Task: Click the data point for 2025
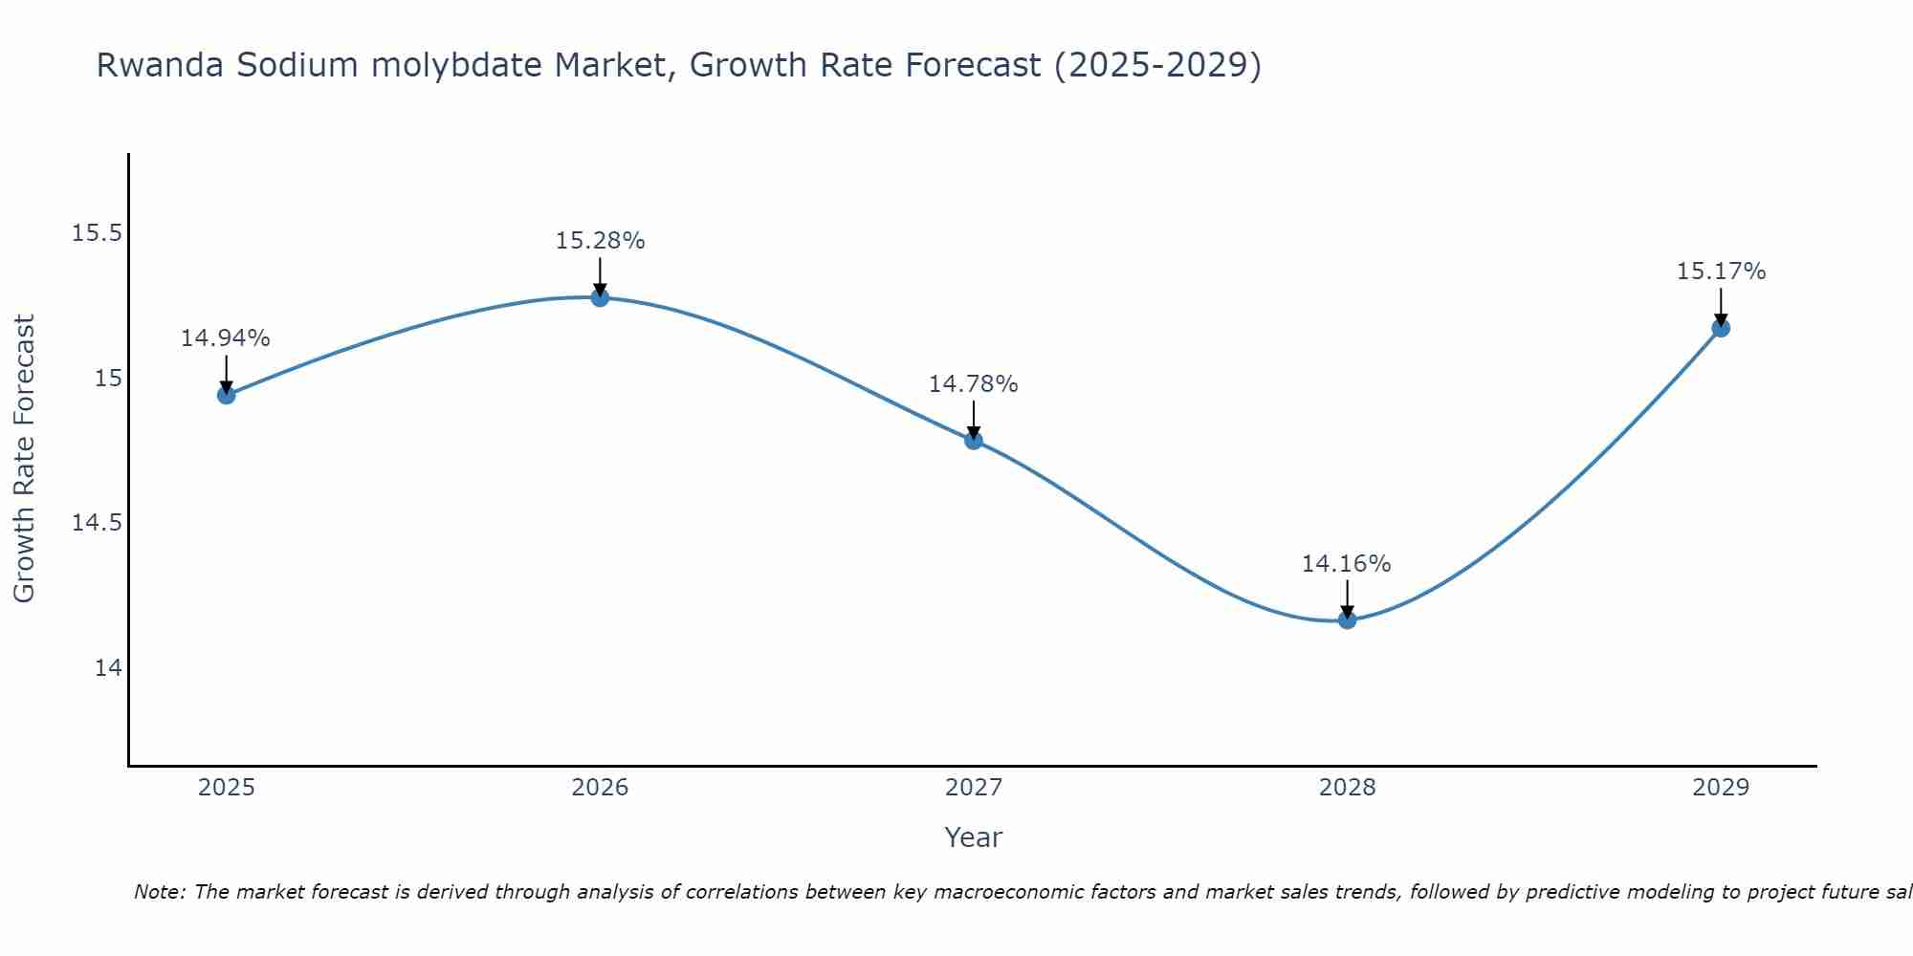coord(226,395)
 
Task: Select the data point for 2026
coord(600,297)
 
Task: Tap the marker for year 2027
coord(974,440)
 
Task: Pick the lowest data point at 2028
coord(1347,619)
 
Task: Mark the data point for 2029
coord(1721,328)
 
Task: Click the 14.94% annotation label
coord(226,338)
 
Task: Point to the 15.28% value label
coord(600,241)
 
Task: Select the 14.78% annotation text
coord(974,384)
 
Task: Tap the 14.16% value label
coord(1347,564)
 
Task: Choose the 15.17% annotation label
coord(1721,272)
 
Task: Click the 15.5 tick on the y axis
coord(98,233)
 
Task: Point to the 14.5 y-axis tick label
coord(98,523)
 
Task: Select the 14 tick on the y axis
coord(108,667)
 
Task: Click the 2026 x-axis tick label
coord(600,788)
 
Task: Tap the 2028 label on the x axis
coord(1347,788)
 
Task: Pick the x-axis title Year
coord(974,837)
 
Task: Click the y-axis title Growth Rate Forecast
coord(24,459)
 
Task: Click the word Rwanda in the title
coord(160,66)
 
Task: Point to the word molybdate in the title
coord(460,66)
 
